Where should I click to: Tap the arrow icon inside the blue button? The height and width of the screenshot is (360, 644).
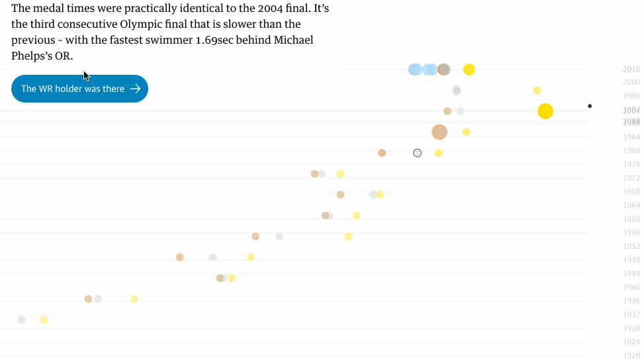click(x=135, y=89)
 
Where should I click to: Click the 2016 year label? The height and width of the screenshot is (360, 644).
click(x=631, y=69)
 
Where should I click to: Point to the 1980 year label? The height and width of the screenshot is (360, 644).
click(x=631, y=150)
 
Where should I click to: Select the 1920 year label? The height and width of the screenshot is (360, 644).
click(x=631, y=355)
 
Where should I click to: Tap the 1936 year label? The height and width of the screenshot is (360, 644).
click(x=631, y=300)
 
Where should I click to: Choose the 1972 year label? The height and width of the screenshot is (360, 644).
click(x=631, y=178)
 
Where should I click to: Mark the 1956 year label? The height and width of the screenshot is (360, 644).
click(x=631, y=232)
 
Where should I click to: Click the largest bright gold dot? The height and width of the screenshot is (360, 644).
click(x=545, y=111)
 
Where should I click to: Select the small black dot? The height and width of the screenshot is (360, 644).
click(x=590, y=106)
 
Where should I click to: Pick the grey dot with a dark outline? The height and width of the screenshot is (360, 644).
click(x=417, y=153)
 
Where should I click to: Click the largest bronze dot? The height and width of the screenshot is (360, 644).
click(x=439, y=132)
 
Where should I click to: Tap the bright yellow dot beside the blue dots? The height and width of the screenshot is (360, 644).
click(x=469, y=69)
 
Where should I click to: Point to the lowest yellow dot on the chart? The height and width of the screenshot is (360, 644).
click(x=44, y=320)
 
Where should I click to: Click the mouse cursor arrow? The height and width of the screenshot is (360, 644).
click(x=86, y=75)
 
